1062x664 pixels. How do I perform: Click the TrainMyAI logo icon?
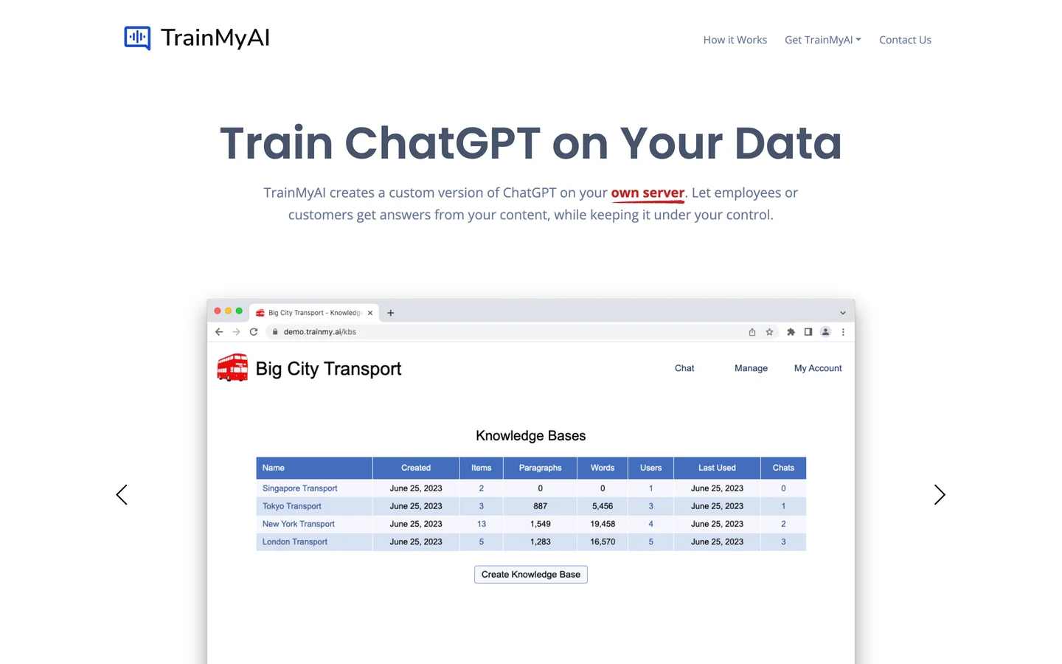point(137,38)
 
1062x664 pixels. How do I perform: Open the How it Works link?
point(735,40)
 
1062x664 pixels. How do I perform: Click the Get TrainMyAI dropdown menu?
point(822,40)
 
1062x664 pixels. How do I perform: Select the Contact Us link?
point(905,40)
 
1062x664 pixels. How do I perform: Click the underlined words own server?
point(648,193)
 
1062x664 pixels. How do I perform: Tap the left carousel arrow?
point(122,494)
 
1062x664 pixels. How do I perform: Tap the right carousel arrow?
point(940,494)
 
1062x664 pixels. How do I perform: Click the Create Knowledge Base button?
point(530,574)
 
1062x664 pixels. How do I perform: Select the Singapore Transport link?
point(299,488)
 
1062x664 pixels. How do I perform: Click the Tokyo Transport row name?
point(291,506)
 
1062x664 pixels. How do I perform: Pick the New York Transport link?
point(298,524)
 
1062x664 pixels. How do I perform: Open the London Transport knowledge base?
point(294,542)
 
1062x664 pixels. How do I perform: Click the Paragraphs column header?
point(540,468)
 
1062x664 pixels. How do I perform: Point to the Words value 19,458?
point(603,524)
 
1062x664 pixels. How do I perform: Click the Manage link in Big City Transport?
point(751,368)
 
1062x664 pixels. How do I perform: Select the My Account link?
point(818,368)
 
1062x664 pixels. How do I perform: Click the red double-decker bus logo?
point(232,367)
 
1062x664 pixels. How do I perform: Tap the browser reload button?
point(254,332)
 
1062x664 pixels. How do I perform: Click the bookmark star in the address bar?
point(769,332)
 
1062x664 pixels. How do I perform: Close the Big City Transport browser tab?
point(369,313)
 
